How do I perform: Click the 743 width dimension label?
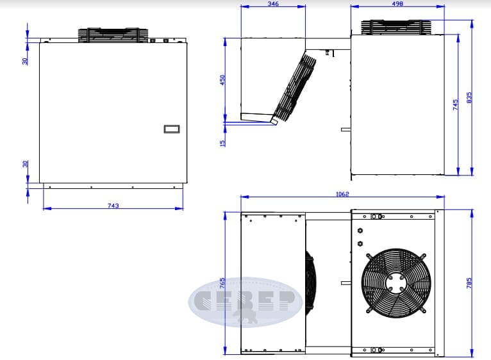point(113,206)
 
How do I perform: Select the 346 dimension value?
point(273,4)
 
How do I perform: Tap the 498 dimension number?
point(397,4)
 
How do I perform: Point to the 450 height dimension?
point(222,80)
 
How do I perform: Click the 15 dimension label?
point(222,143)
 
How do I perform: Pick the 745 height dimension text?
point(455,104)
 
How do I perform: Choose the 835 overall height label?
point(469,97)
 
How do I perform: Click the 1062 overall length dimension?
point(342,194)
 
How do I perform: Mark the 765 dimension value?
point(222,283)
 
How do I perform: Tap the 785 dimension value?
point(469,283)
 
